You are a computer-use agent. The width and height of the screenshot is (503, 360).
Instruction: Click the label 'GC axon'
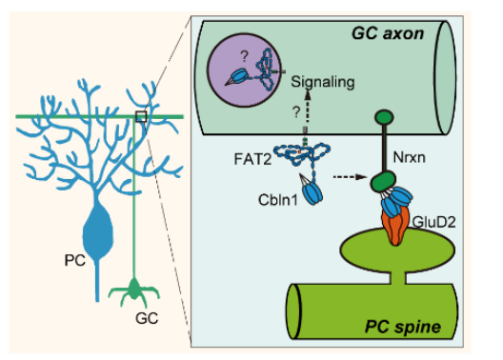point(388,33)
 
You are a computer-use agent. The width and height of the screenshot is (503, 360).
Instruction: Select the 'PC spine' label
point(403,327)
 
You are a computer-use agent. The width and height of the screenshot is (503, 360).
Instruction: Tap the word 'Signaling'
point(323,82)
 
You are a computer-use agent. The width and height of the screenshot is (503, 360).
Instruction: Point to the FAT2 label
point(252,159)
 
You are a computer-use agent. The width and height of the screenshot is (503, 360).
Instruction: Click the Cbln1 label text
point(278,200)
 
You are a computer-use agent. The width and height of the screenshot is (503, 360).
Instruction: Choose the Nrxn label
point(409,157)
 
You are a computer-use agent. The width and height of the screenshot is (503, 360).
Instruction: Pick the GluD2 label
point(433,222)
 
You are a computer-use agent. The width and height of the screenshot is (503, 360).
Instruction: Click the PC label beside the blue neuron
point(74,260)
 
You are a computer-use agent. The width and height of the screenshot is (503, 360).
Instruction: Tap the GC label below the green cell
point(147,318)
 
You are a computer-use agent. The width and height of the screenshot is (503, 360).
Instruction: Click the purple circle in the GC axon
point(244,70)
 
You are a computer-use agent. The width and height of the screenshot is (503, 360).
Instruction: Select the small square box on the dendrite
point(141,117)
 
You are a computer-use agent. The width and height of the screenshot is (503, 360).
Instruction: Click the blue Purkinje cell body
point(97,229)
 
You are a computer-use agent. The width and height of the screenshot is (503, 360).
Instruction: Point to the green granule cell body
point(134,290)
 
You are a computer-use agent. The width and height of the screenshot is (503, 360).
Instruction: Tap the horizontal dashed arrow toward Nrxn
point(350,176)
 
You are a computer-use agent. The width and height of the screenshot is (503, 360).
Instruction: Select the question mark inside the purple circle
point(245,56)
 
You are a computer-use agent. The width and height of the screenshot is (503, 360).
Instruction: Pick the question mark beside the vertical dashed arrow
point(296,111)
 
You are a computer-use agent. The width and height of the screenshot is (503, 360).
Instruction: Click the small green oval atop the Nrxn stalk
point(384,117)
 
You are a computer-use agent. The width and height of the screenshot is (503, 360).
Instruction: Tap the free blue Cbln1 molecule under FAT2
point(311,191)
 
